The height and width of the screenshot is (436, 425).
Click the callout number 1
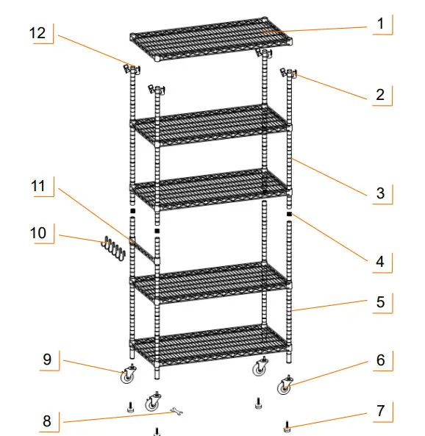coord(380,24)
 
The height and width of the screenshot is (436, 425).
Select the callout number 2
coord(379,94)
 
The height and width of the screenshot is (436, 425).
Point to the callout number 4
coord(380,260)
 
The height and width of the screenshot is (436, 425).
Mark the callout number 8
coord(47,421)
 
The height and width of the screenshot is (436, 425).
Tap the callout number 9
coord(47,360)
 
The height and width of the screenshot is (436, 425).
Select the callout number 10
coord(38,233)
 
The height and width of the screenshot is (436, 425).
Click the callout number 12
coord(38,33)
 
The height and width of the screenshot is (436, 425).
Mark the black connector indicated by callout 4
coord(290,214)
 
